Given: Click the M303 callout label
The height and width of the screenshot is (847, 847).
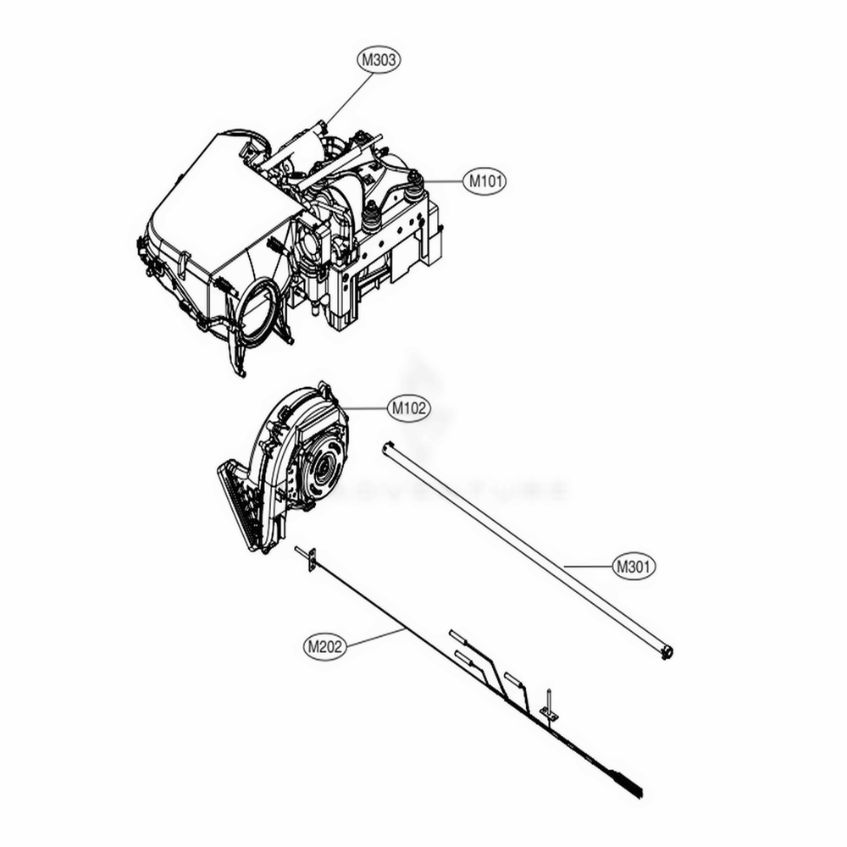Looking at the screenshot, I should (x=378, y=60).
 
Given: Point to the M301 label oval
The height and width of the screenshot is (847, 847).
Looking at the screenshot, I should (x=634, y=565).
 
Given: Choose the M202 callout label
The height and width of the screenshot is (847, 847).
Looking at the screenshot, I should (x=324, y=647).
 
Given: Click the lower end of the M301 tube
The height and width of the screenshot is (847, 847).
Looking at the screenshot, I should (x=666, y=653).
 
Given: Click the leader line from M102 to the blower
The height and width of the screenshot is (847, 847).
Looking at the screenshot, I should (x=364, y=408).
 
